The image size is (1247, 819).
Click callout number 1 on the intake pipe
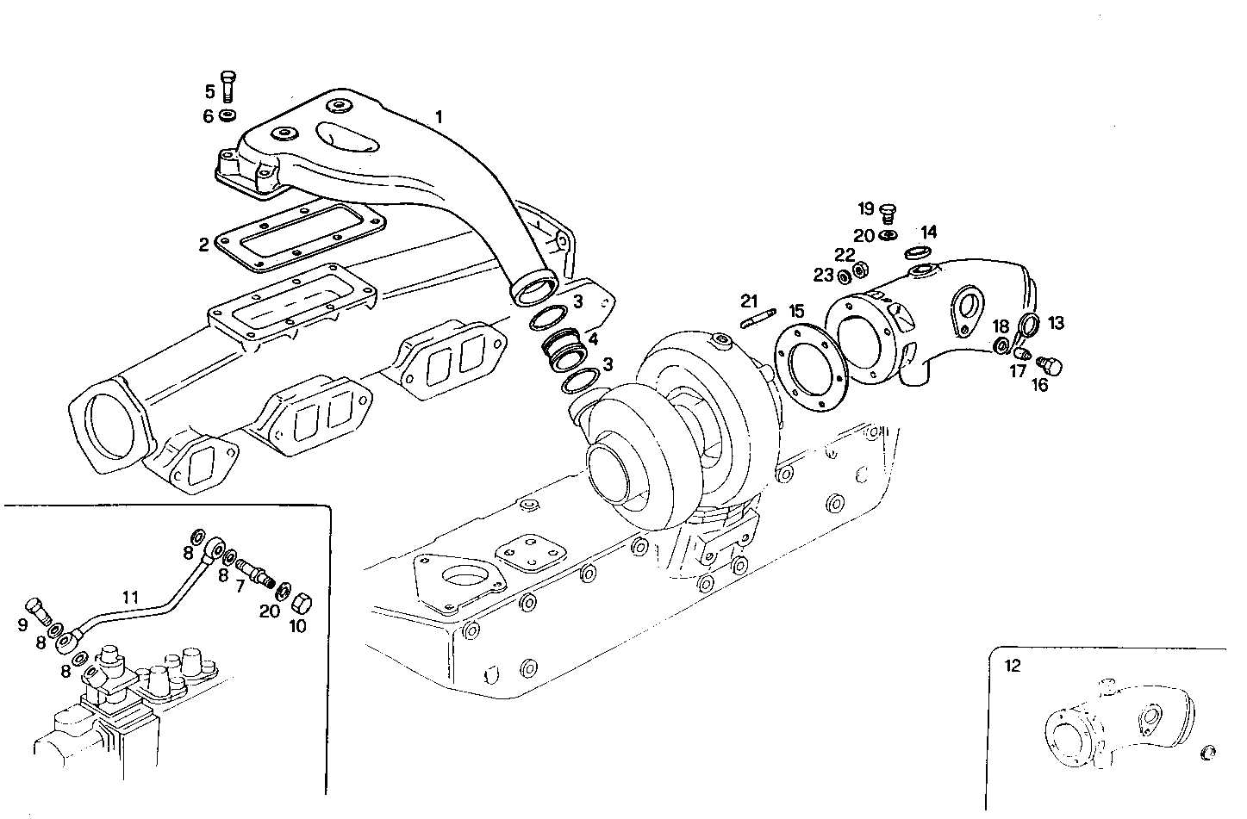pyautogui.click(x=440, y=116)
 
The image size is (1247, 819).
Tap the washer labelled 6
pyautogui.click(x=228, y=116)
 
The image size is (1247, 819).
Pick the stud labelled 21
pyautogui.click(x=759, y=320)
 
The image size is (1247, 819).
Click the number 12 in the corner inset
pyautogui.click(x=1013, y=666)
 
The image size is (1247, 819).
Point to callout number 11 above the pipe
pyautogui.click(x=129, y=596)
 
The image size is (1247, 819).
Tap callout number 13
pyautogui.click(x=1057, y=323)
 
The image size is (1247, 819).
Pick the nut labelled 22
pyautogui.click(x=859, y=271)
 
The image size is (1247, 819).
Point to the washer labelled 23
pyautogui.click(x=844, y=277)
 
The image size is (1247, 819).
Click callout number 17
pyautogui.click(x=1018, y=371)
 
